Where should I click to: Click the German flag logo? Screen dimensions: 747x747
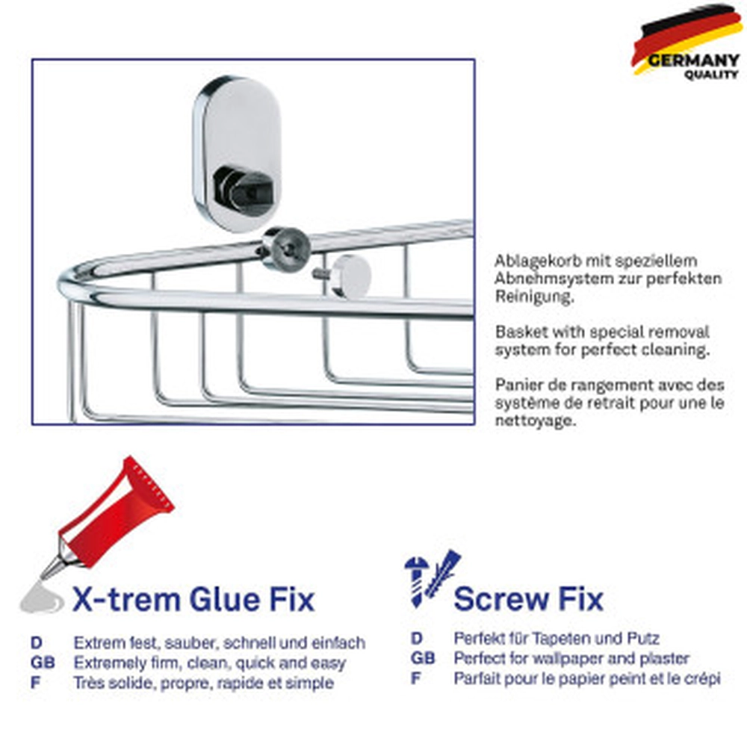686,42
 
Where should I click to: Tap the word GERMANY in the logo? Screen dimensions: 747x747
693,61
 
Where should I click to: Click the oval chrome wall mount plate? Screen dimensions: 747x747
238,154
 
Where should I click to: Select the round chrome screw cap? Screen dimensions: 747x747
352,276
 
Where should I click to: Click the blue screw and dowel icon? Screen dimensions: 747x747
432,578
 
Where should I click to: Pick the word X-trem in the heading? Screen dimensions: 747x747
126,599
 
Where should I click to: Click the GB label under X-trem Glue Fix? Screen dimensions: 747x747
43,663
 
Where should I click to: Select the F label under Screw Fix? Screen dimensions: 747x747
416,678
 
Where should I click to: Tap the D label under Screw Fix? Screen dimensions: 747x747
417,639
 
